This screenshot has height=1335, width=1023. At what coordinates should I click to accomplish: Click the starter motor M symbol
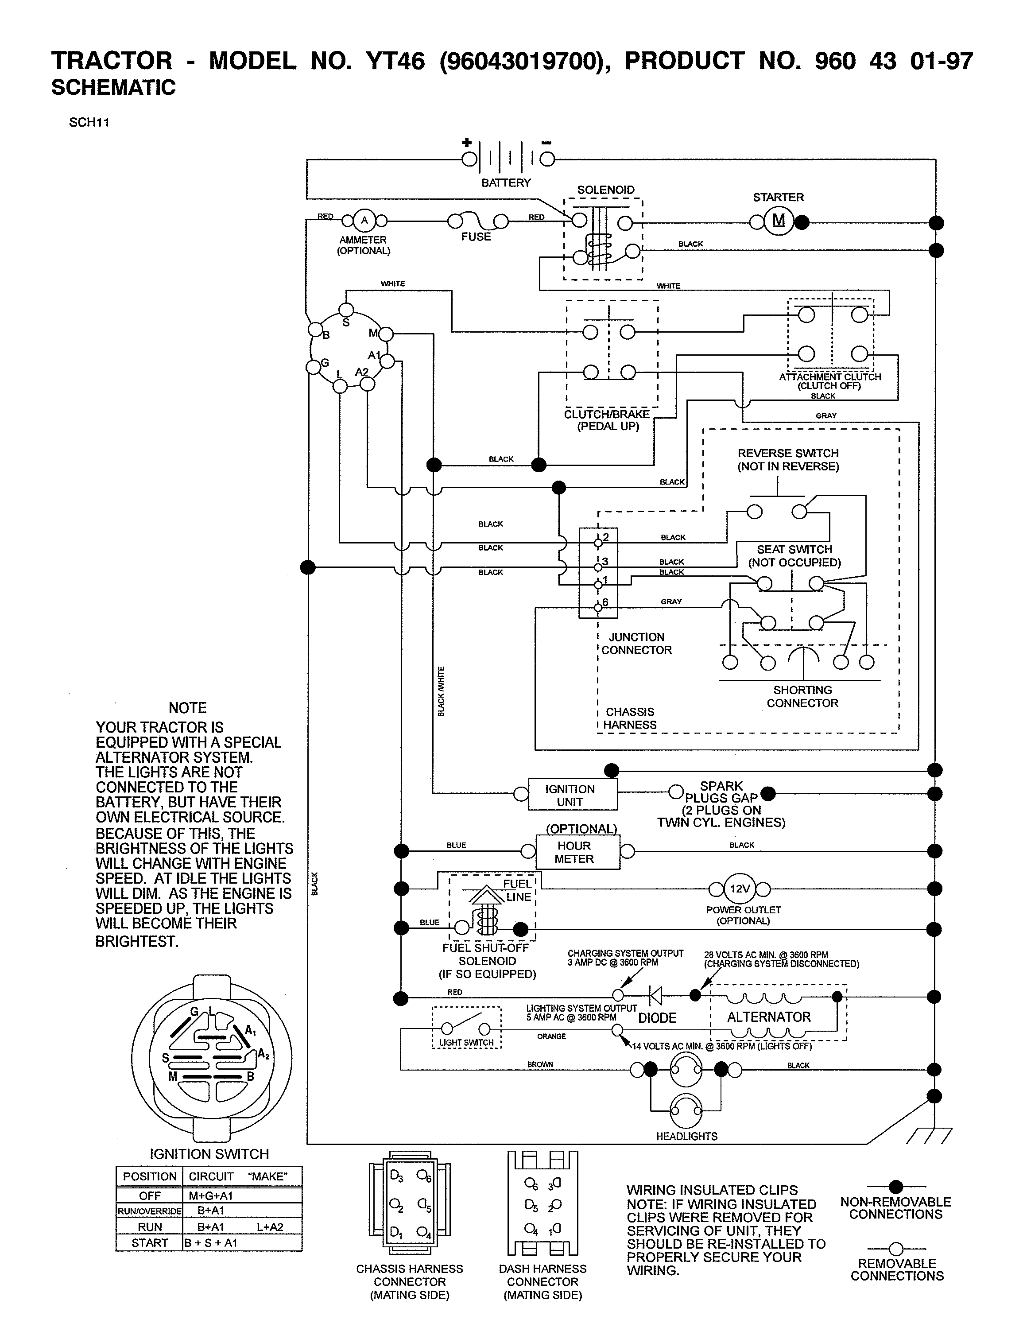click(779, 221)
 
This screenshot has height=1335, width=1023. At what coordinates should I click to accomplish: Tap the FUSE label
click(476, 237)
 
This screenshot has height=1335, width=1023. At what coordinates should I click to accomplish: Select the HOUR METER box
click(577, 852)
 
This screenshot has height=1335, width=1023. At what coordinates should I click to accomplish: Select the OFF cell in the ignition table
click(149, 1195)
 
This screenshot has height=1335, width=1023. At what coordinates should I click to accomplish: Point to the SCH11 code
click(89, 122)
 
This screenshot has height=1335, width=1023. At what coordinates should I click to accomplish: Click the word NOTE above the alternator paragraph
click(188, 708)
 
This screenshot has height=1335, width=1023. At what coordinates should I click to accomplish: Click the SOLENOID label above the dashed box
click(605, 190)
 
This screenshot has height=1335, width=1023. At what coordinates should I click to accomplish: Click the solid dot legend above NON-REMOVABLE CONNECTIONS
click(895, 1186)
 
